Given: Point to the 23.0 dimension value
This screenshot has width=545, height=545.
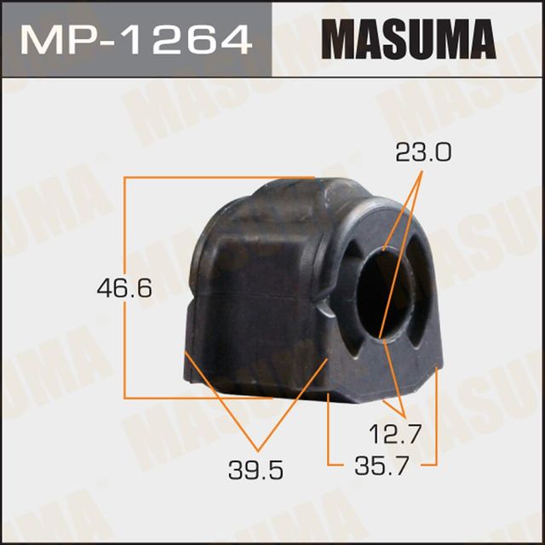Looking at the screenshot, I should (423, 153).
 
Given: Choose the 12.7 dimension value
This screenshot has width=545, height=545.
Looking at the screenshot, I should (395, 434).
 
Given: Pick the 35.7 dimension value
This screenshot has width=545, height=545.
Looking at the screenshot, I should (381, 465).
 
